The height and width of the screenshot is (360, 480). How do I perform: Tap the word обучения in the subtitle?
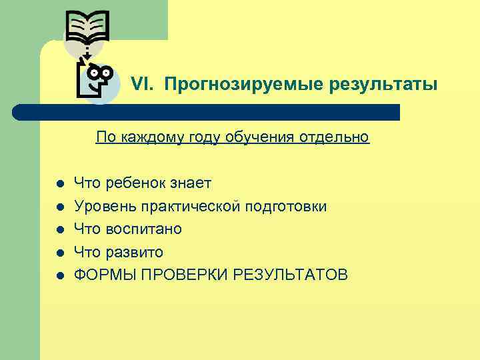[x=256, y=137]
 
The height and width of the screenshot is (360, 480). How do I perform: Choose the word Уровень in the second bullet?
[x=99, y=206]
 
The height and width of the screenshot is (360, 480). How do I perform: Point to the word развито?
[x=135, y=252]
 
